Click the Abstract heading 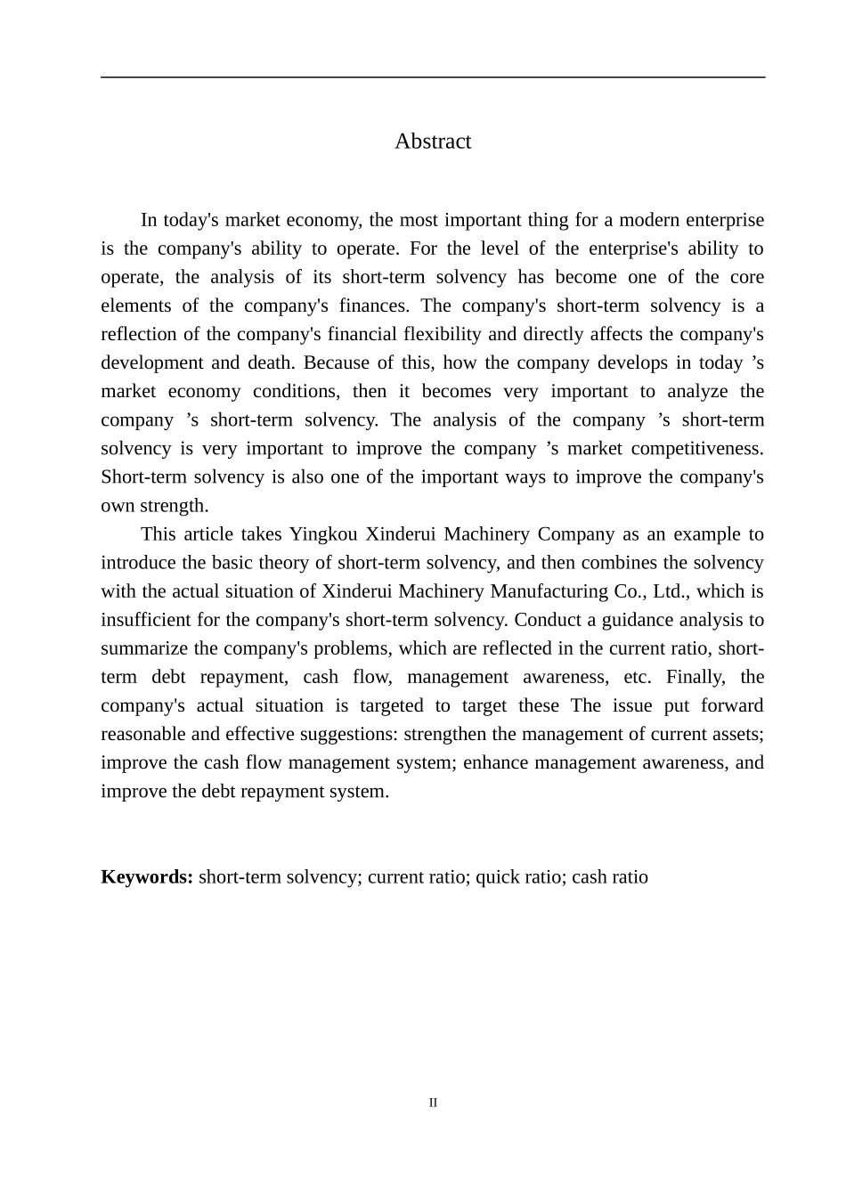433,142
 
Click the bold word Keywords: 147,877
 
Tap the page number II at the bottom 433,1103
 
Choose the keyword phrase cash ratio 610,877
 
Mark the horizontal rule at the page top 433,77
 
